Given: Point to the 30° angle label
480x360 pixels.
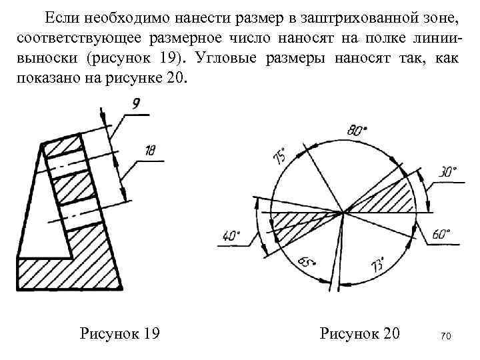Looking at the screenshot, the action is click(447, 173).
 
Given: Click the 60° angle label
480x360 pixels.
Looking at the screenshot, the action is click(441, 235).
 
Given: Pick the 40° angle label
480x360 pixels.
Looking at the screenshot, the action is click(230, 235).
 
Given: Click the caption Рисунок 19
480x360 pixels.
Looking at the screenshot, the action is click(119, 333).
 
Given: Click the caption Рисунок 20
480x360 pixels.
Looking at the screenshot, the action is click(360, 333).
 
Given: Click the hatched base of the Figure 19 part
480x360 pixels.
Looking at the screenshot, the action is click(67, 273).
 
